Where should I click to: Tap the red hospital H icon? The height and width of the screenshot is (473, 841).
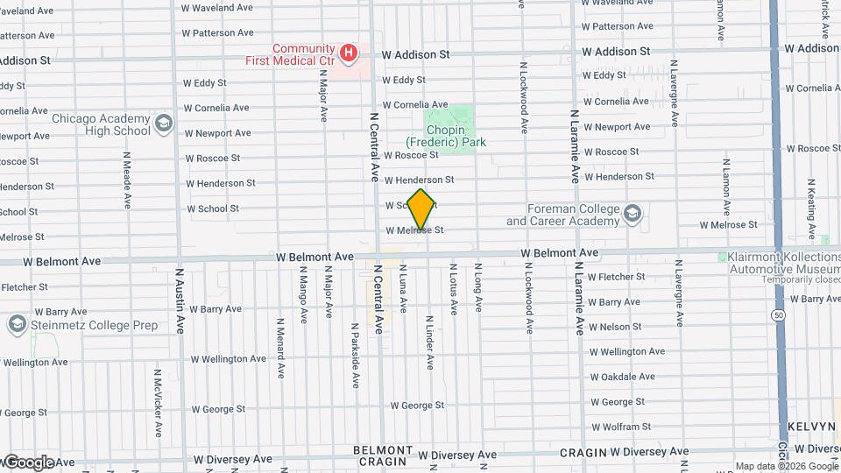(x=350, y=53)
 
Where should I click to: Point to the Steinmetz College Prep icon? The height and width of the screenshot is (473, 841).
(x=16, y=325)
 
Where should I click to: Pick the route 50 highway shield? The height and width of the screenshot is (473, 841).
(x=778, y=314)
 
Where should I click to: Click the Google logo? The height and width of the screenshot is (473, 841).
(x=28, y=462)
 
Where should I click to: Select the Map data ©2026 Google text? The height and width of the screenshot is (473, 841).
(x=786, y=466)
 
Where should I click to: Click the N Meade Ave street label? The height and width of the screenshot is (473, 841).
(x=127, y=180)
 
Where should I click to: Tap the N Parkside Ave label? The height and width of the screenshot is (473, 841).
(x=356, y=359)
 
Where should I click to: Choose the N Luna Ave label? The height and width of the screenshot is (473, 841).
(x=404, y=288)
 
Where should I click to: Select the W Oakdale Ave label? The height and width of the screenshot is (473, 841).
(x=622, y=377)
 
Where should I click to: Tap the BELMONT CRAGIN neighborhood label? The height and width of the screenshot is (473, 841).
(x=382, y=455)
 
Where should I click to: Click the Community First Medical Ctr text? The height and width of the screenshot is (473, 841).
(x=303, y=55)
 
